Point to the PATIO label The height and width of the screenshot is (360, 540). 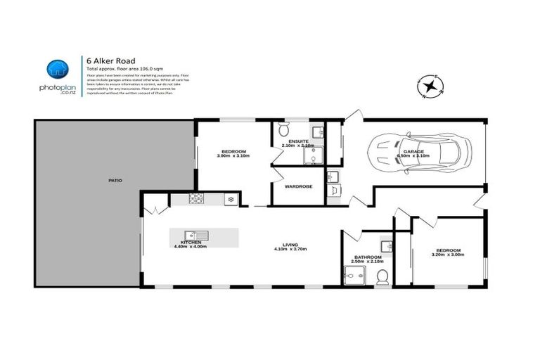tap(115, 181)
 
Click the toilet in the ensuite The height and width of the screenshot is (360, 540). tap(283, 130)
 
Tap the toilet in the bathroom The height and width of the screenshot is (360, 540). tap(382, 278)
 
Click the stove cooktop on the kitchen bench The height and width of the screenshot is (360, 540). tap(196, 200)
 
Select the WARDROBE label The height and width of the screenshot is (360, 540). tap(298, 187)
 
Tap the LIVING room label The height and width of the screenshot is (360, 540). tap(291, 245)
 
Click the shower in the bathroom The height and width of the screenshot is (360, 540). tap(351, 276)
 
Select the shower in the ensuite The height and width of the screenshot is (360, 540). tap(311, 156)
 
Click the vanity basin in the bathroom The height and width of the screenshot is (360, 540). tap(385, 245)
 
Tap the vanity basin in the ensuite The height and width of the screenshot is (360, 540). tap(316, 131)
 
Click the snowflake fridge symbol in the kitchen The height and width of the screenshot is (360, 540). tap(229, 200)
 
